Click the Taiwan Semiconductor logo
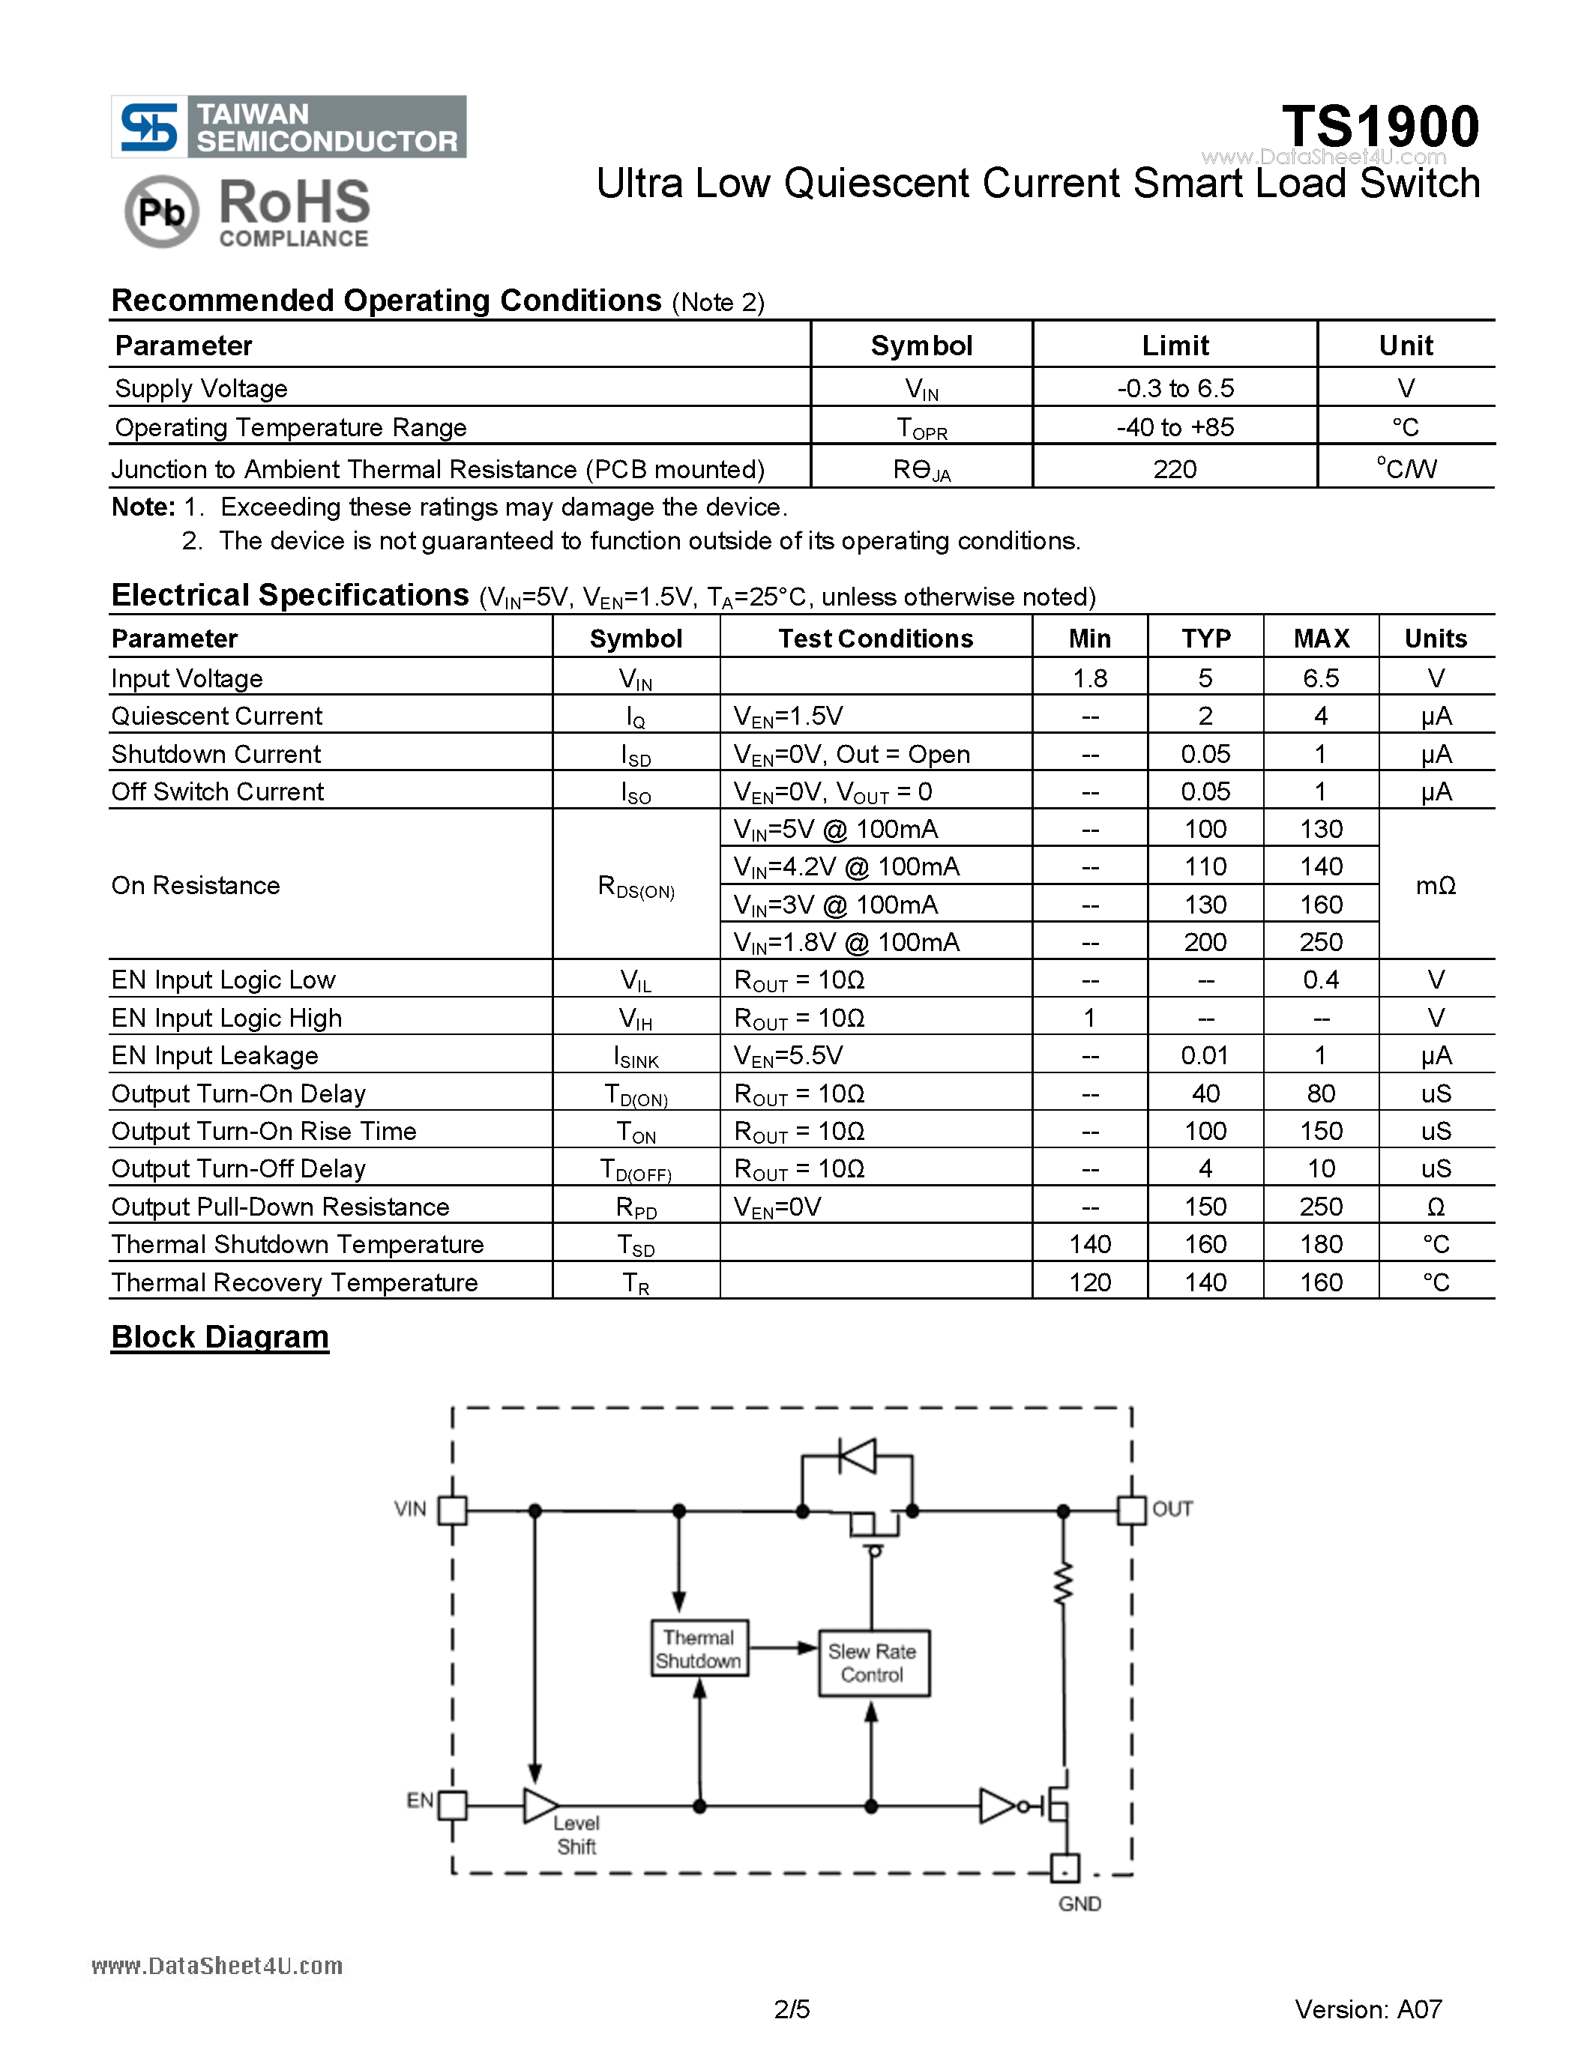pos(288,127)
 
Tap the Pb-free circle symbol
pos(161,211)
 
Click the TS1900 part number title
pos(1379,127)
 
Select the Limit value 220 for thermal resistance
pos(1174,469)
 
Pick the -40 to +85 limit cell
pos(1174,427)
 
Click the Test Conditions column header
pos(875,639)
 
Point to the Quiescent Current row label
pos(217,716)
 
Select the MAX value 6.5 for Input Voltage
pos(1320,678)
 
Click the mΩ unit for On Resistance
pos(1436,885)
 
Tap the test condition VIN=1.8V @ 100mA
pos(846,942)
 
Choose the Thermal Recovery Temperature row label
pos(295,1282)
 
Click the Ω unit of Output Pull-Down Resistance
pos(1436,1207)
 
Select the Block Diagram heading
pos(220,1337)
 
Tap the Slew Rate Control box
pos(872,1663)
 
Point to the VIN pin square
pos(453,1510)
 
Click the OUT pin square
pos(1130,1510)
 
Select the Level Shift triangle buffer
pos(540,1805)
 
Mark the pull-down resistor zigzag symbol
pos(1064,1584)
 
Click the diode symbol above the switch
pos(857,1456)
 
